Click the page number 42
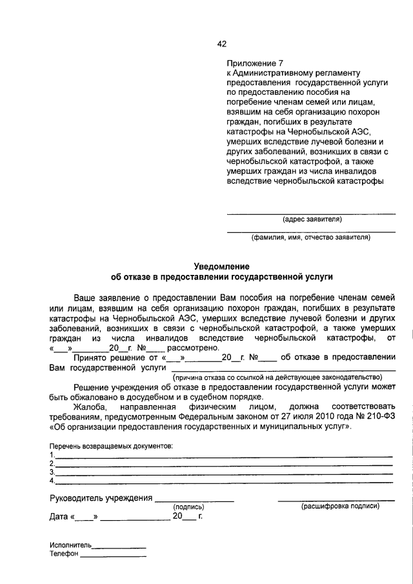point(221,44)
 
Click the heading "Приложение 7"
point(255,63)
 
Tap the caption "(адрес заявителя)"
point(312,219)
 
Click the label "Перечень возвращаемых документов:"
point(111,447)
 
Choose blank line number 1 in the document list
point(223,456)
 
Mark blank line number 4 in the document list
point(223,481)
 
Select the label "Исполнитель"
point(70,545)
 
